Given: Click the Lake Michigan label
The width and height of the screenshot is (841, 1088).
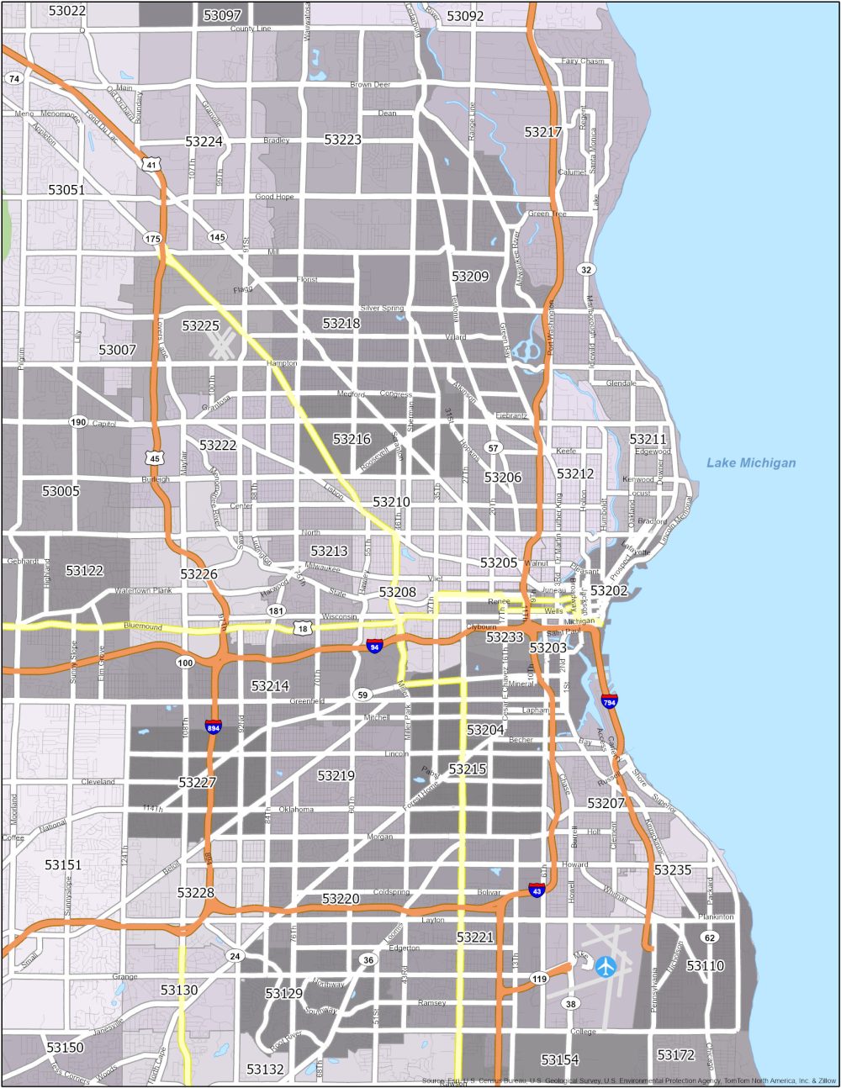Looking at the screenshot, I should [750, 462].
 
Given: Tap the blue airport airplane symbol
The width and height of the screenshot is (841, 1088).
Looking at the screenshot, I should [606, 966].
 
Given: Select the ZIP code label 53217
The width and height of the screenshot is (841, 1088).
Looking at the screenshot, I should [542, 132].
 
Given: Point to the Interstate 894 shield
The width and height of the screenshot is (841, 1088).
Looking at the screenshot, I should [214, 726].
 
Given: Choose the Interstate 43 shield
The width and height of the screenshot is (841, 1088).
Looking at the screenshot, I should [537, 890].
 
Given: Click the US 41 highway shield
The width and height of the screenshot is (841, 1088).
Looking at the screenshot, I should [151, 165].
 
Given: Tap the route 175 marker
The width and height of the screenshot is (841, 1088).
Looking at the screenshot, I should [152, 239].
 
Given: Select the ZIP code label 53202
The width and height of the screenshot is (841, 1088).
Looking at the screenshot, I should [609, 591].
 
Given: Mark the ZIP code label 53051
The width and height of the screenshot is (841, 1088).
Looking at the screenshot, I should [66, 190].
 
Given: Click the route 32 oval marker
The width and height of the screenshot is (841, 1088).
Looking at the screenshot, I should [585, 269].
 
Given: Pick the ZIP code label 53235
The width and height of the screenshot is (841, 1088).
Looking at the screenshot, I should [672, 870].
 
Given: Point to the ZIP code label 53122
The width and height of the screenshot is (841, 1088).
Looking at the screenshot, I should [84, 571].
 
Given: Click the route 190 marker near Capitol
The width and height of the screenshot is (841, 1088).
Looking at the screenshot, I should [78, 422].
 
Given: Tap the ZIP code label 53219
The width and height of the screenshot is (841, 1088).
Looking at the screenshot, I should [336, 775].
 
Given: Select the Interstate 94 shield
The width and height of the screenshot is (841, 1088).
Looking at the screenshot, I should [375, 647].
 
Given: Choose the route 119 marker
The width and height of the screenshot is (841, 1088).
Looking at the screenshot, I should [539, 979].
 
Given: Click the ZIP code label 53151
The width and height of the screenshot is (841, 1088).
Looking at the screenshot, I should [63, 864].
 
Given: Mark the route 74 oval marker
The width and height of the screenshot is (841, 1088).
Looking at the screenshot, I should [13, 78].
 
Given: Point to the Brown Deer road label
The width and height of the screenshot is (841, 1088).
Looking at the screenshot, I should [371, 85].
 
